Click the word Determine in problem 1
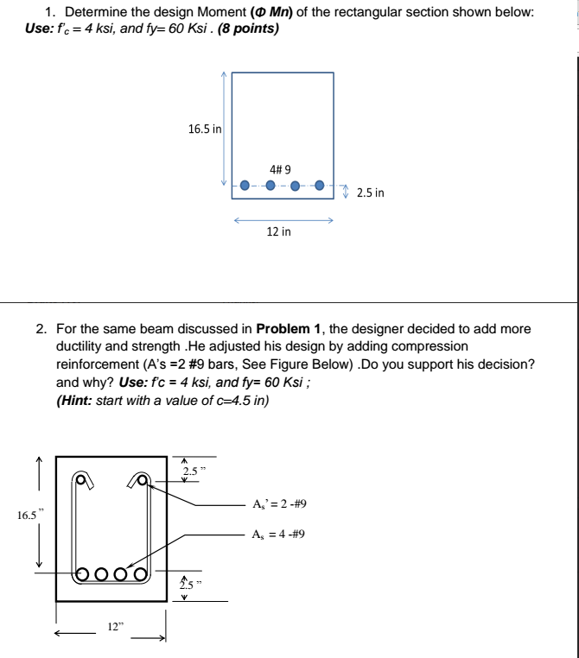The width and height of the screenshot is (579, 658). coord(94,14)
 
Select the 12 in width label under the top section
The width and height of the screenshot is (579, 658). coord(278,231)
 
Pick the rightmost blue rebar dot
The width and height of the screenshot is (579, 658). coord(320,185)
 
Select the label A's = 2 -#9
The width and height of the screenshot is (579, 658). coord(277,505)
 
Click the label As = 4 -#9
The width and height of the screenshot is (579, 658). coord(277,534)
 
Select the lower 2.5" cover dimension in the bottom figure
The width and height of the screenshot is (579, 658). coord(188,584)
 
